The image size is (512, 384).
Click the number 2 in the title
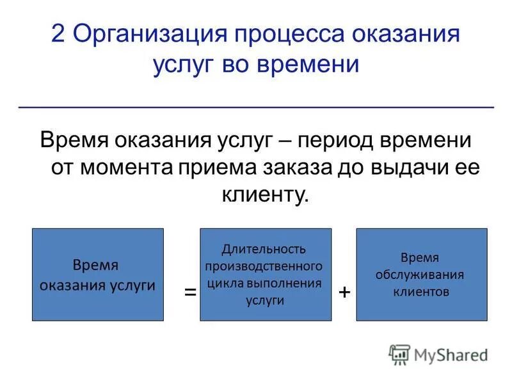click(x=58, y=35)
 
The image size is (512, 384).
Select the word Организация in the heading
click(x=152, y=35)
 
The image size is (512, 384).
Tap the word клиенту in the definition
click(x=265, y=195)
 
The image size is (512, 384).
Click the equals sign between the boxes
click(x=190, y=292)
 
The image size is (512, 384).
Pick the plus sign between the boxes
click(x=344, y=292)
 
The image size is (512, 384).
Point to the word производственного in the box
click(x=264, y=266)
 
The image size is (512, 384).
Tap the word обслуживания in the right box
click(x=420, y=275)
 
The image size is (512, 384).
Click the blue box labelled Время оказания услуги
click(x=97, y=274)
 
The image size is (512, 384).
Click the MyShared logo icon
click(x=399, y=354)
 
